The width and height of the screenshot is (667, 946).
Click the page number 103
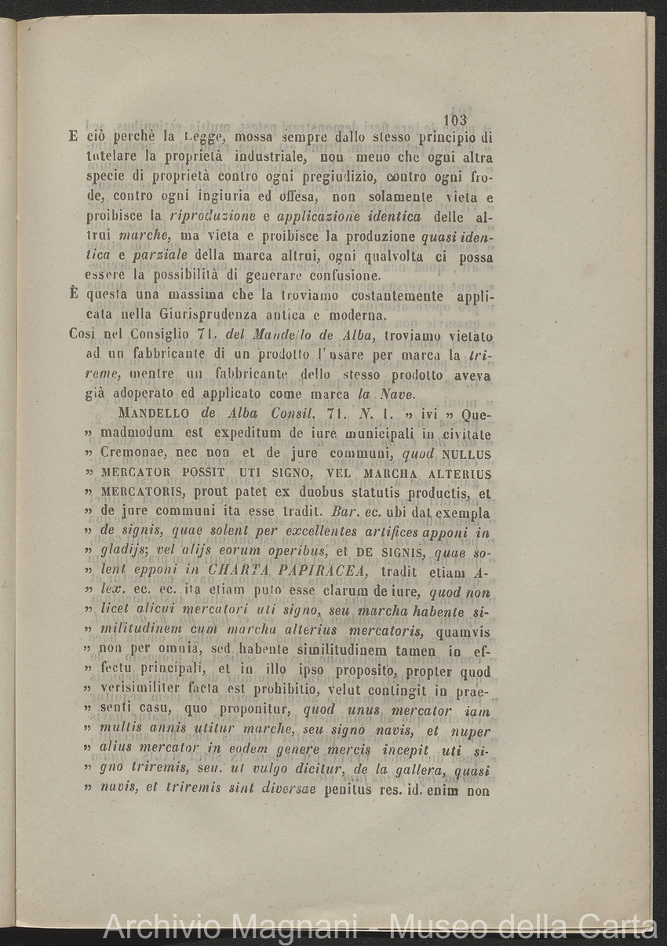coord(455,119)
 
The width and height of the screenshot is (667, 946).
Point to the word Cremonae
coord(137,453)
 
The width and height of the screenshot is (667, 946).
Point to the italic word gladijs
coord(125,553)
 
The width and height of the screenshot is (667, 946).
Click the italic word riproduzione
coord(210,217)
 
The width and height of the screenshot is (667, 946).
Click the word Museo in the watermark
coord(437,926)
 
